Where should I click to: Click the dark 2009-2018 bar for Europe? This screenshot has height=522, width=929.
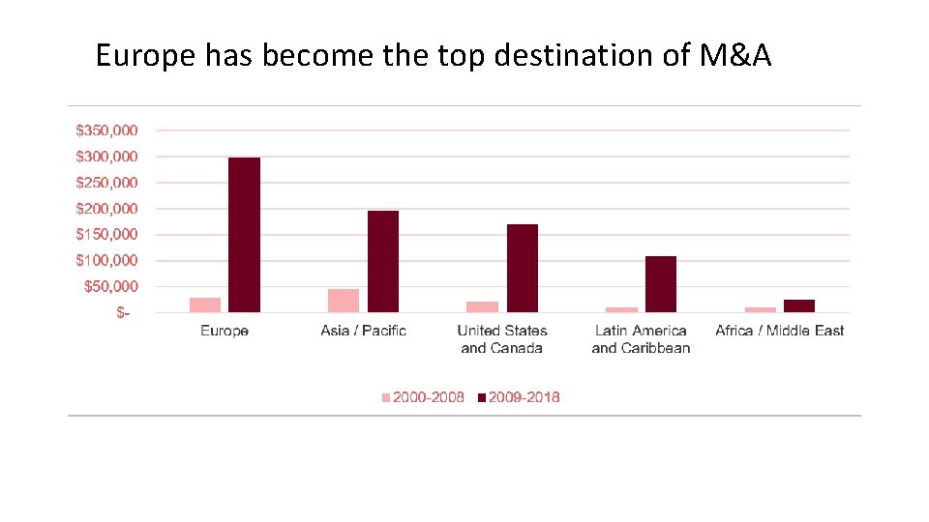coord(244,235)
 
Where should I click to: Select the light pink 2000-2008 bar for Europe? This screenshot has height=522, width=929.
coord(205,304)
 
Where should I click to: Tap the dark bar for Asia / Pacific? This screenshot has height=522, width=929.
coord(383,261)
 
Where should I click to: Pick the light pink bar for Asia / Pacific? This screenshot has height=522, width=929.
coord(344,301)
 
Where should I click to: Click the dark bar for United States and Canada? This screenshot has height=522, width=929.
coord(523,268)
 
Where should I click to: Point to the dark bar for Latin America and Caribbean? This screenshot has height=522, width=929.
coord(661,284)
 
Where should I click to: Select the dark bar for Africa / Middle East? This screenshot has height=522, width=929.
coord(799,305)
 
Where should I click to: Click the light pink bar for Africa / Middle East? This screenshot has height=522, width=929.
coord(761,309)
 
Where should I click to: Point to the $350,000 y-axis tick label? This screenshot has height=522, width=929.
coord(106,130)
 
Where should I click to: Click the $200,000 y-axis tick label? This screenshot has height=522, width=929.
coord(106,208)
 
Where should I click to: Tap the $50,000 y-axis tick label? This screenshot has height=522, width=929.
coord(110,286)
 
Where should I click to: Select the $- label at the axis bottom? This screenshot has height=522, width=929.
coord(122,312)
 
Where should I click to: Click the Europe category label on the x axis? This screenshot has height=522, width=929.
coord(225,331)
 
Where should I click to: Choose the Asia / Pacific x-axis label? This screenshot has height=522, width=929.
coord(364,331)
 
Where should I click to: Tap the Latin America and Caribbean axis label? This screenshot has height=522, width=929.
coord(641,339)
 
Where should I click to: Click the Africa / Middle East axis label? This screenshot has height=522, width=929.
coord(779,331)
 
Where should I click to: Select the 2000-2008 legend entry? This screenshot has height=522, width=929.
coord(422,397)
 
